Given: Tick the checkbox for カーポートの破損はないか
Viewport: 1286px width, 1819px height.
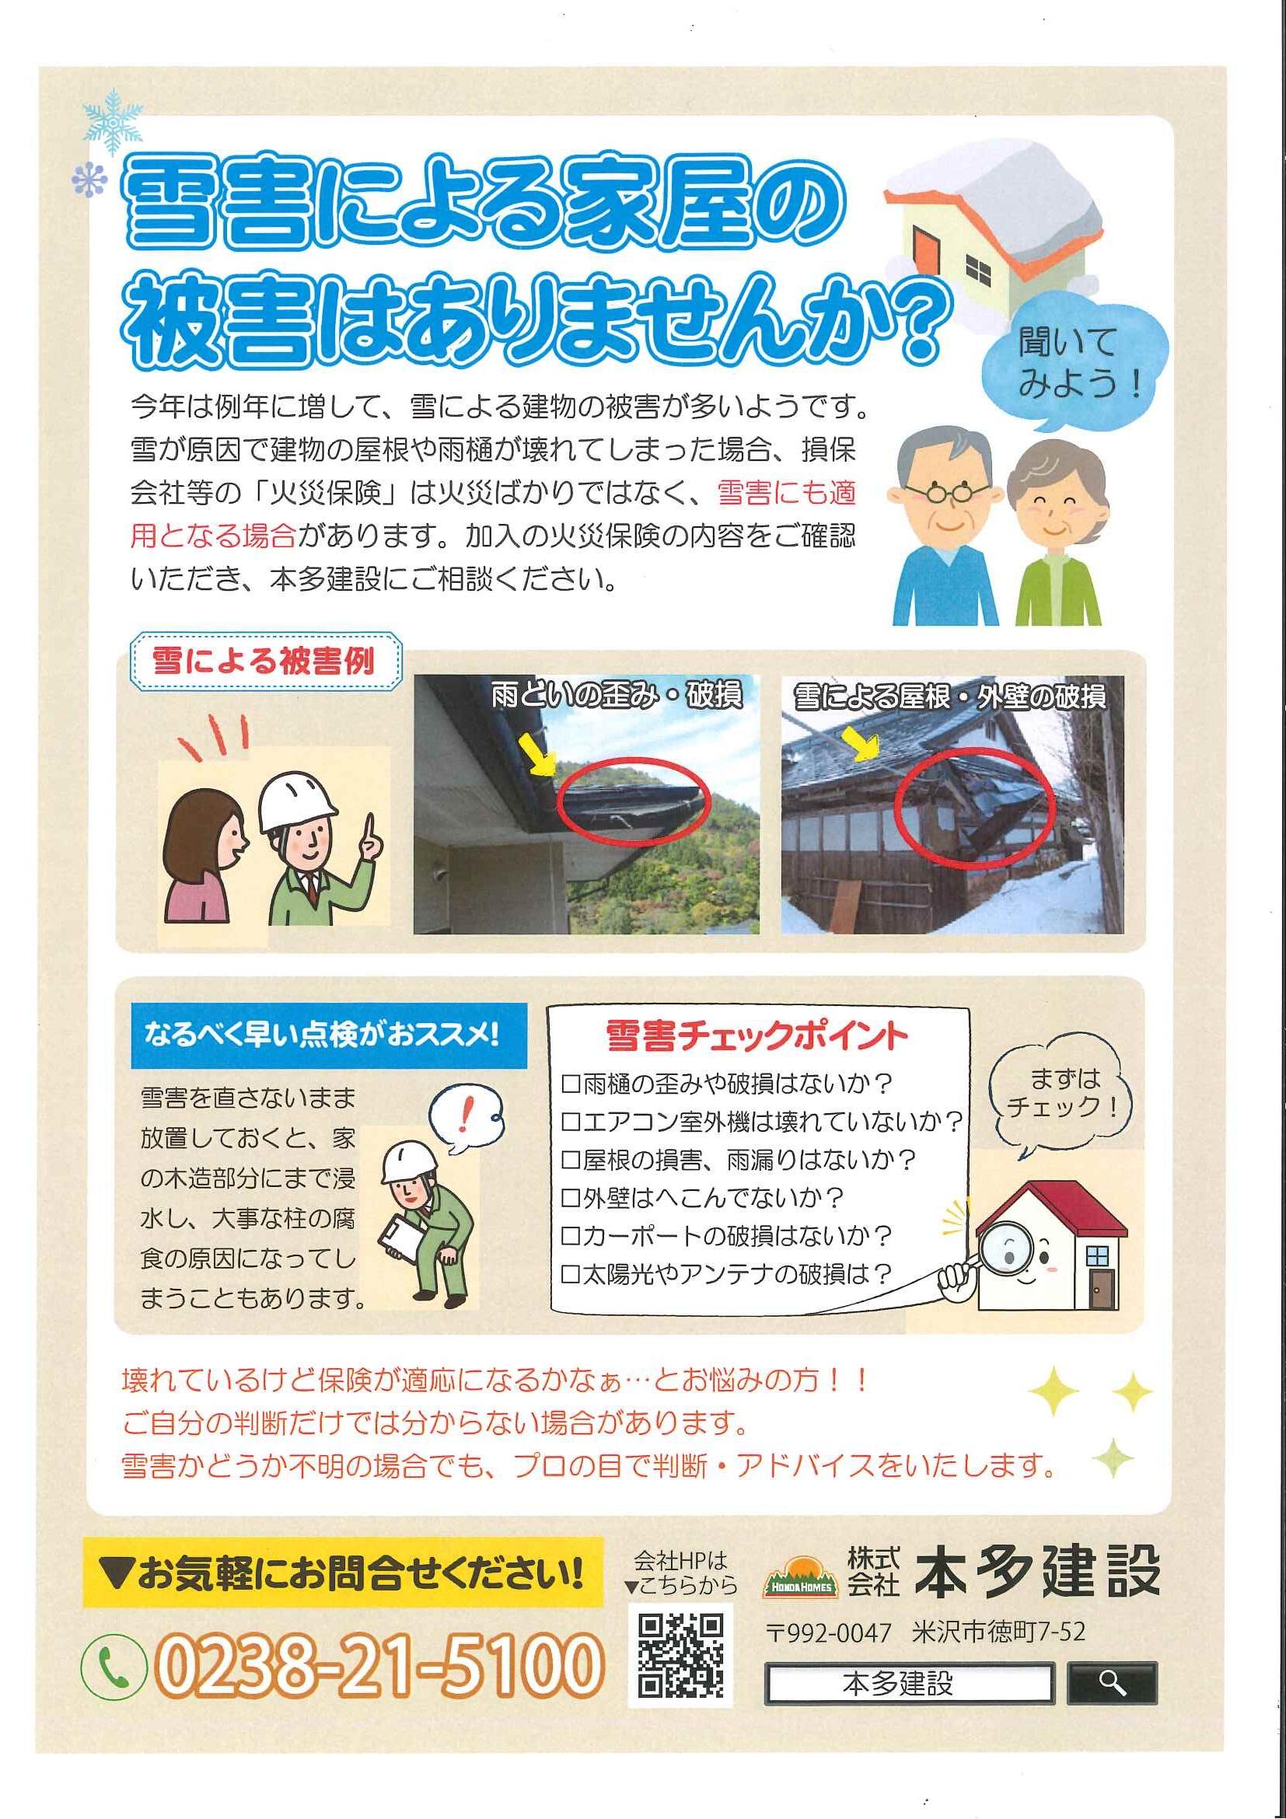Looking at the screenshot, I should coord(571,1236).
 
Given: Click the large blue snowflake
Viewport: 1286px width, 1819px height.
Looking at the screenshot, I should coord(113,121).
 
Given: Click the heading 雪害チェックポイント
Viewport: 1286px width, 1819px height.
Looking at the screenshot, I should coord(756,1035).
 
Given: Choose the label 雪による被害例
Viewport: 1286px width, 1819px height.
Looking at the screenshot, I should coord(264,661).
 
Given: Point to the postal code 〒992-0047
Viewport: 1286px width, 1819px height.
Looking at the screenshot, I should coord(830,1632).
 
